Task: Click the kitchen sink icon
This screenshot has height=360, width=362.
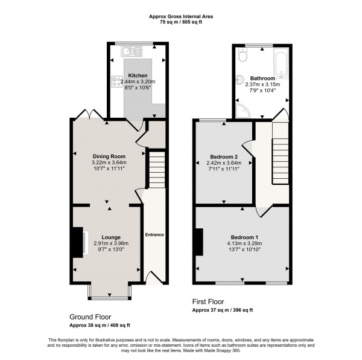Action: [x=117, y=59]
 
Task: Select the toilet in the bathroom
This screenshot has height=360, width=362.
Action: [x=243, y=56]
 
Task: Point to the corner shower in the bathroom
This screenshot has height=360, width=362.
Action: [x=241, y=110]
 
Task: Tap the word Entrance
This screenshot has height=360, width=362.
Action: [x=154, y=234]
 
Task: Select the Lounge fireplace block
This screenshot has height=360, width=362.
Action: [x=77, y=242]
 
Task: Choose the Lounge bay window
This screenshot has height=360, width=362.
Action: [x=109, y=293]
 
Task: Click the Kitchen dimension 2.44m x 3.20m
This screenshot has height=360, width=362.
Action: [x=138, y=82]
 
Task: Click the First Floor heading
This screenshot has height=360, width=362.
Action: [x=208, y=301]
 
